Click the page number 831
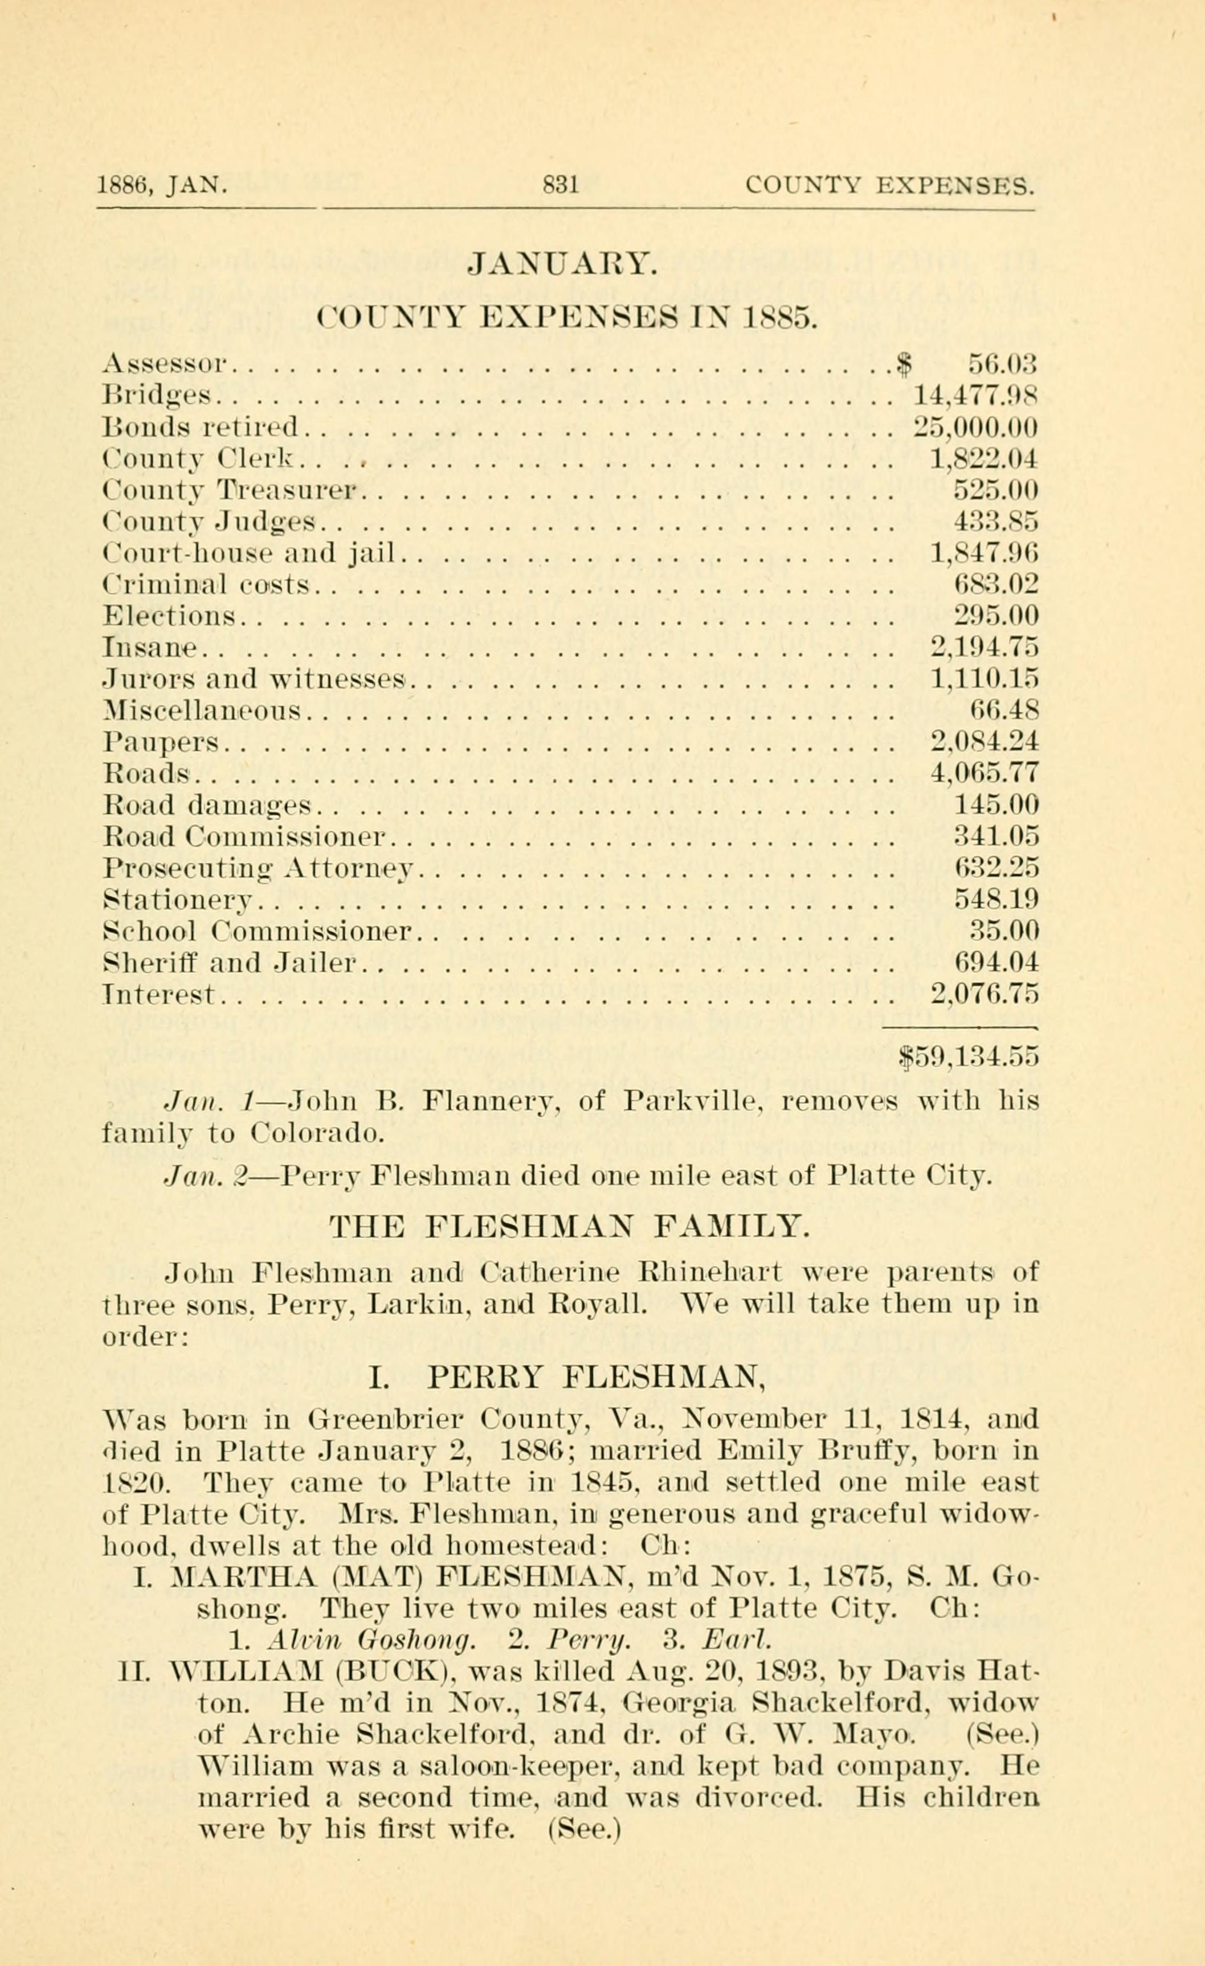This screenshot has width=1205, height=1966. [x=560, y=186]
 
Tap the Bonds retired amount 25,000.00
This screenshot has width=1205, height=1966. [x=974, y=428]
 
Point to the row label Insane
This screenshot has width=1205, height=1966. [x=149, y=647]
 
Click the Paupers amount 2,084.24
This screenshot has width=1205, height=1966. [x=985, y=742]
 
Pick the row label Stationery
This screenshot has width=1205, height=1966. [x=178, y=900]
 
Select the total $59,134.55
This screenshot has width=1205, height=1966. [x=969, y=1056]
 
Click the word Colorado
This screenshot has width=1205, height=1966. [x=317, y=1133]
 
